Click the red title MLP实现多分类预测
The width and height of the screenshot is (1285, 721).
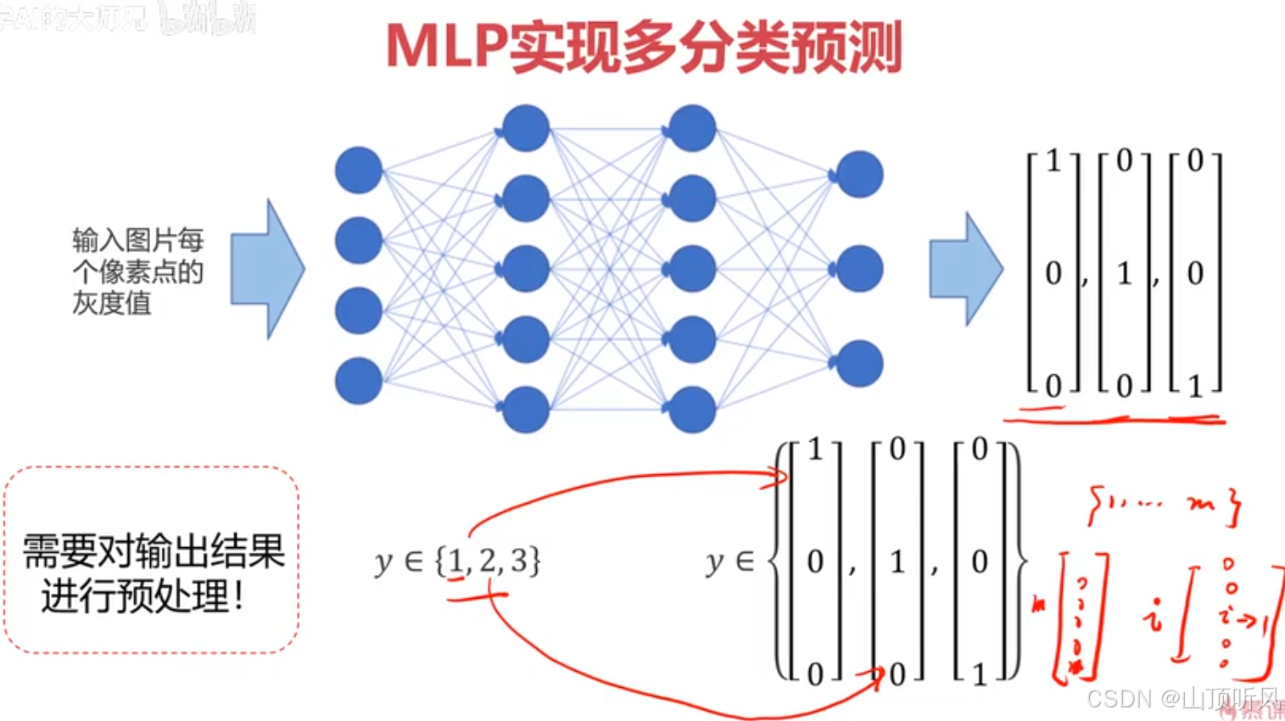click(x=644, y=47)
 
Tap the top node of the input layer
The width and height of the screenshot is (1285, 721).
click(x=359, y=170)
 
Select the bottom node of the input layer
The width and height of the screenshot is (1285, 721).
click(x=359, y=381)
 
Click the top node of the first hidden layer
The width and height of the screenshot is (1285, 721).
click(x=526, y=128)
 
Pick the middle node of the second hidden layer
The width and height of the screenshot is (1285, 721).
click(x=692, y=269)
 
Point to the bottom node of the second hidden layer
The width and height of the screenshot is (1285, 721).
click(x=692, y=410)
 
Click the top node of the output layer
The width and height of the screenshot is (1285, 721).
click(x=859, y=175)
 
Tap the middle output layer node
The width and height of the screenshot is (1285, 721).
click(x=859, y=269)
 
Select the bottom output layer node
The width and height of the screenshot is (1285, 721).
click(x=859, y=364)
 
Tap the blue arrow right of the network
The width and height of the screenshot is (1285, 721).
click(x=965, y=269)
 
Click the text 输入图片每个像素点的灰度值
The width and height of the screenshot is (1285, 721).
click(x=137, y=271)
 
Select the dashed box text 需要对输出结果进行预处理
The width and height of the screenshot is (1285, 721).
click(x=153, y=573)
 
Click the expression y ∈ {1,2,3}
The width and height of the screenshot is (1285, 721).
click(x=457, y=562)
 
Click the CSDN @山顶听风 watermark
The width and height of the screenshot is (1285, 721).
click(x=1182, y=699)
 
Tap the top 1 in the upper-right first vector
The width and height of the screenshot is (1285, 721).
click(x=1053, y=161)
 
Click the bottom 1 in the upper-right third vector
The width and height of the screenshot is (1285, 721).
click(x=1195, y=387)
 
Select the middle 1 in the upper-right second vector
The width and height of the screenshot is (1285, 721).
click(x=1125, y=273)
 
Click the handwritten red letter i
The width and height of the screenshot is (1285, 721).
click(x=1153, y=616)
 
